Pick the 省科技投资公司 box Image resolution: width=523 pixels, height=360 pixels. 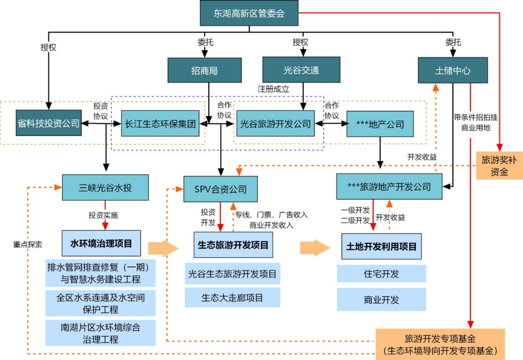pos(48,123)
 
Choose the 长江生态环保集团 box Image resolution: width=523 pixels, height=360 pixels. pos(161,123)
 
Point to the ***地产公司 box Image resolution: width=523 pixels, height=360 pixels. pos(380,124)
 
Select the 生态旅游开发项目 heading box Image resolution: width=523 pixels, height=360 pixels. pos(233,246)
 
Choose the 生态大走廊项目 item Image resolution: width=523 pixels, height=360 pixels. pos(233,297)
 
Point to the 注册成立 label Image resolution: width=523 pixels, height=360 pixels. pos(274,88)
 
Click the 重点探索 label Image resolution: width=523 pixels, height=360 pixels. pos(28,245)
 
